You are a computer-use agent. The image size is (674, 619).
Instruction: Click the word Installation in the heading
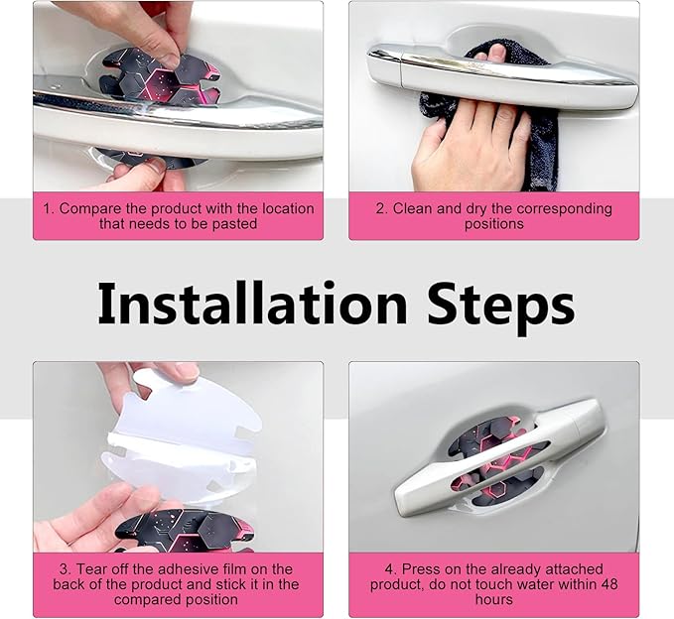(x=252, y=304)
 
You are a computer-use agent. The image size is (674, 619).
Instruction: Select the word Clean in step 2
(x=413, y=208)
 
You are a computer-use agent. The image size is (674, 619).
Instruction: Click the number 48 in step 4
(x=609, y=584)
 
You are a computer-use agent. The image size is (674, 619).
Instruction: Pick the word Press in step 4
(x=417, y=569)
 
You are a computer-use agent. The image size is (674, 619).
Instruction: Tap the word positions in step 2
(x=494, y=224)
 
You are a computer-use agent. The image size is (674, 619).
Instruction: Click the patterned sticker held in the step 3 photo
(x=185, y=531)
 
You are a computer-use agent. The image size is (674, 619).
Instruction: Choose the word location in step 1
(x=288, y=208)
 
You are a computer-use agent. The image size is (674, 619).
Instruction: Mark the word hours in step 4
(x=494, y=600)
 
